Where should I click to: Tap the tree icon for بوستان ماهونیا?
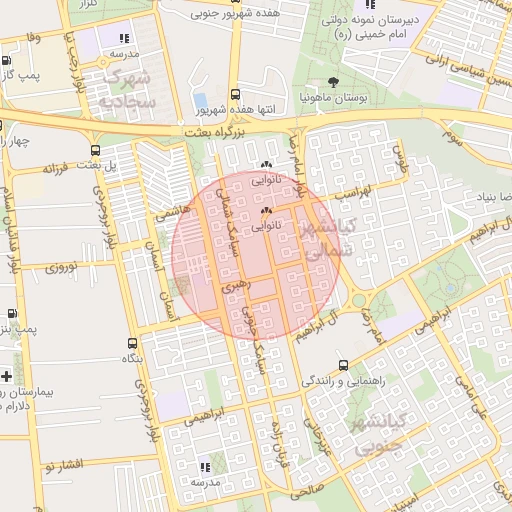coord(333,83)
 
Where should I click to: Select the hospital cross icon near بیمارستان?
coord(7,376)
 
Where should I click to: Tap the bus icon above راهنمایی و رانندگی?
coord(344,365)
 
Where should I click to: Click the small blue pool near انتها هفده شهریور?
coord(200,100)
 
